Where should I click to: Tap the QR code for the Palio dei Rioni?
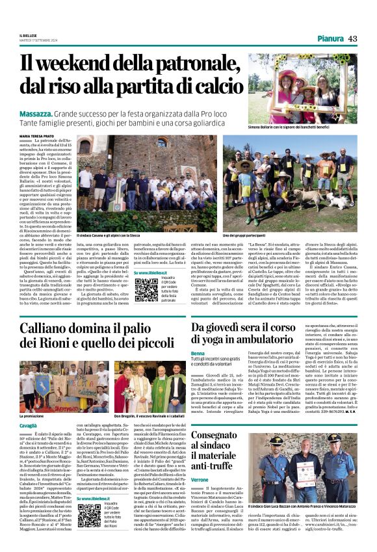[x=89, y=514]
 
